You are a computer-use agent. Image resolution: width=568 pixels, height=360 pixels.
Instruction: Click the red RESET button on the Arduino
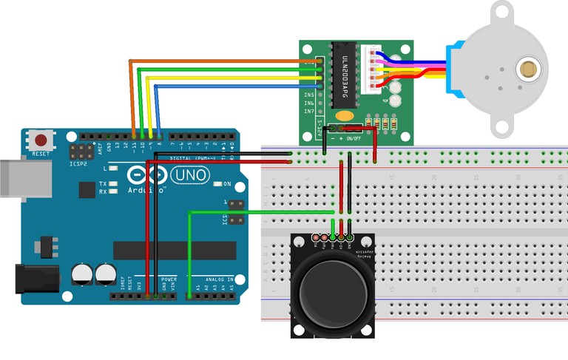[x=41, y=140]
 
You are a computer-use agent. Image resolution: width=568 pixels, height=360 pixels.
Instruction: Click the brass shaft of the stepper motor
[x=528, y=70]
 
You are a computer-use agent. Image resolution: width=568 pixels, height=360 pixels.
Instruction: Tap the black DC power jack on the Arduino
[x=36, y=279]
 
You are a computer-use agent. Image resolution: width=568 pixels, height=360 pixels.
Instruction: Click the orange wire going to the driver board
[x=222, y=61]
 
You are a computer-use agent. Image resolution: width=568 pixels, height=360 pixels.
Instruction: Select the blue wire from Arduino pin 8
[x=229, y=86]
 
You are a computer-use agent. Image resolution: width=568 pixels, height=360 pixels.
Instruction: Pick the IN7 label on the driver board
[x=310, y=112]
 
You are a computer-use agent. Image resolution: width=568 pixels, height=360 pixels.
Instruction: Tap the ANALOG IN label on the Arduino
[x=220, y=279]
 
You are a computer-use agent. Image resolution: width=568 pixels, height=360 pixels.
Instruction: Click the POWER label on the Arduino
[x=169, y=279]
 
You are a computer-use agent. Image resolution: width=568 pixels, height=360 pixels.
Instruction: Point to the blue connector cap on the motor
[x=453, y=71]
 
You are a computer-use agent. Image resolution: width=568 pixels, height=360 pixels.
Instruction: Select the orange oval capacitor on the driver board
[x=344, y=115]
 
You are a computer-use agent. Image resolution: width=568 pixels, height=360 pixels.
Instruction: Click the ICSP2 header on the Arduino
[x=77, y=152]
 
